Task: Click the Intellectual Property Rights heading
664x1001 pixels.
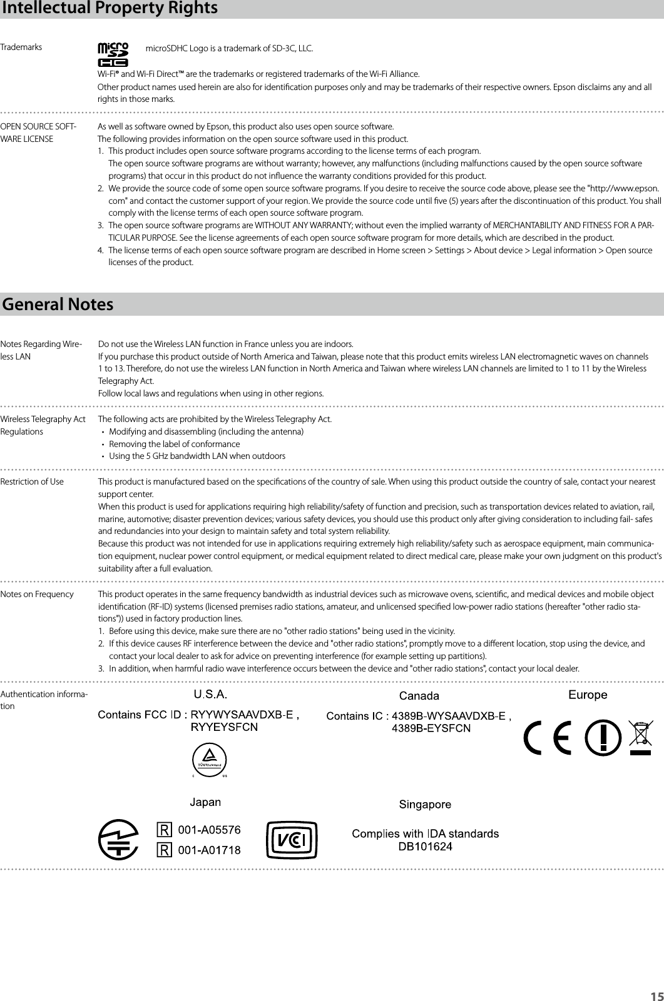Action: [110, 9]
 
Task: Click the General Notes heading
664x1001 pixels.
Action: [58, 304]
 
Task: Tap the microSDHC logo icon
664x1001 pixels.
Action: [113, 54]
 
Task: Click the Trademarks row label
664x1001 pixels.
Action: [21, 47]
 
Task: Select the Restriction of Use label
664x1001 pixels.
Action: [32, 481]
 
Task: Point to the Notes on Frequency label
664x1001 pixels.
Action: [37, 594]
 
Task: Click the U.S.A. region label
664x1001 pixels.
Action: [209, 694]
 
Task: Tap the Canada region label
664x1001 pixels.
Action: [419, 695]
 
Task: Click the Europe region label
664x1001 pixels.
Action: [587, 695]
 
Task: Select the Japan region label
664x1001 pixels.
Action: [205, 802]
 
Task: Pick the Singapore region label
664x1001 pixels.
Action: [426, 804]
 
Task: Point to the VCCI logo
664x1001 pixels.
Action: [291, 840]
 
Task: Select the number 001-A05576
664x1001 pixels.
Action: [210, 830]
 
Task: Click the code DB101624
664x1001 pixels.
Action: [426, 847]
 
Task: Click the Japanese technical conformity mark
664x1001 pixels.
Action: [118, 840]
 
